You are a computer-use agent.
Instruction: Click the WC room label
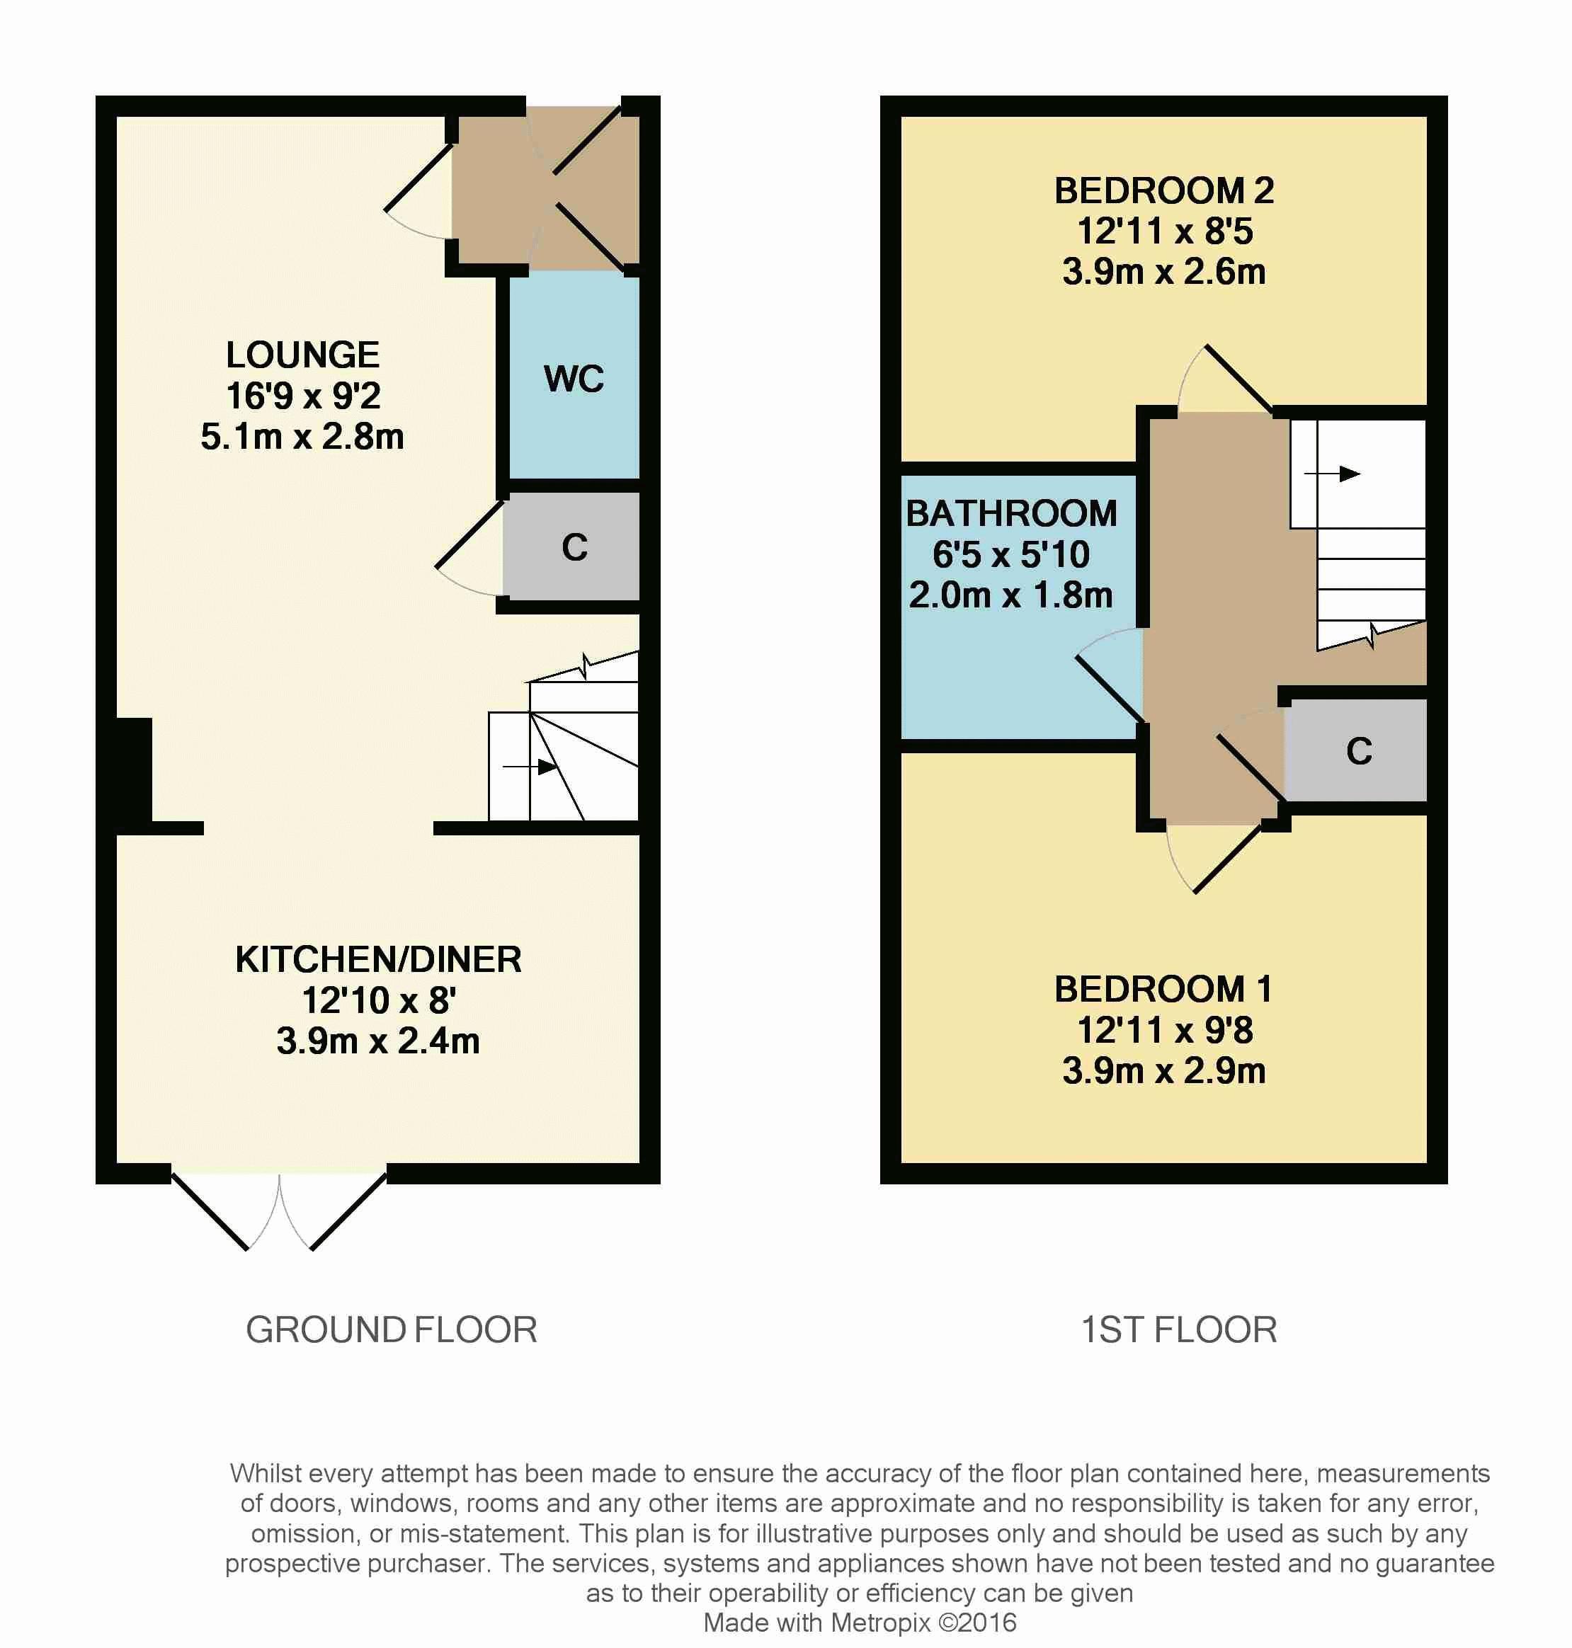[x=574, y=379]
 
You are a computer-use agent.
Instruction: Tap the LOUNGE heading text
[x=302, y=355]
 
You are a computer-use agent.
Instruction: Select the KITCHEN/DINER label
[x=378, y=959]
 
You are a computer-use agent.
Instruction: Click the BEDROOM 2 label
[x=1164, y=191]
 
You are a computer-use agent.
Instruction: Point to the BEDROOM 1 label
[x=1164, y=990]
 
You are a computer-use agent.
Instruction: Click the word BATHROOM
[x=1011, y=514]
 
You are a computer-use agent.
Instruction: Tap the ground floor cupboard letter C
[x=575, y=547]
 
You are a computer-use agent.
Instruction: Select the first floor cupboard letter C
[x=1359, y=750]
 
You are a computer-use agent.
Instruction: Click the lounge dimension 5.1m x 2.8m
[x=302, y=437]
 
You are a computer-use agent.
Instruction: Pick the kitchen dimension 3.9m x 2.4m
[x=378, y=1041]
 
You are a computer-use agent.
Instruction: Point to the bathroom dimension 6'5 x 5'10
[x=1011, y=554]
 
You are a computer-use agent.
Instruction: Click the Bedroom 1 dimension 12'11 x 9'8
[x=1165, y=1030]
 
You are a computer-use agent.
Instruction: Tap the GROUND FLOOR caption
[x=392, y=1329]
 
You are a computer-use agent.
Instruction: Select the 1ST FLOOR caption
[x=1179, y=1329]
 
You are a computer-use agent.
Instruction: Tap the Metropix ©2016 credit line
[x=860, y=1623]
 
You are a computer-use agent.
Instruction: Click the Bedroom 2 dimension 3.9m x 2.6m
[x=1164, y=273]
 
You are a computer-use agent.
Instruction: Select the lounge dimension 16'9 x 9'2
[x=303, y=396]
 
